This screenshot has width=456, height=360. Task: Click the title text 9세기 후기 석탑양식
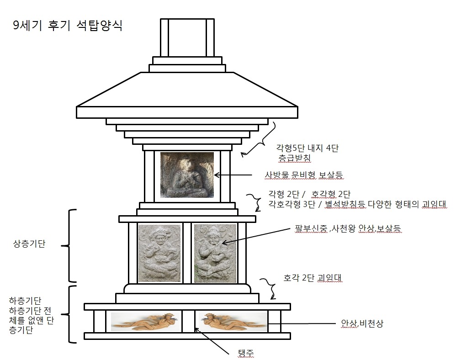(x=68, y=26)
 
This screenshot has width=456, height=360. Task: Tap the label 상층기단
(x=29, y=244)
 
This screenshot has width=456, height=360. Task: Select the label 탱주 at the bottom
(x=246, y=353)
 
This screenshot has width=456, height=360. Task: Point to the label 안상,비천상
(x=362, y=323)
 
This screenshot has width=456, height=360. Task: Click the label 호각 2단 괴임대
(x=313, y=278)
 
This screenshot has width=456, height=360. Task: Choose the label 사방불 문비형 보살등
(x=304, y=175)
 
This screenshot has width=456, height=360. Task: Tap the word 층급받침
(x=295, y=158)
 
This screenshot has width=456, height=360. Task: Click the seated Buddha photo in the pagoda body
(x=187, y=175)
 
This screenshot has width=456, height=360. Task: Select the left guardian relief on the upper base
(x=159, y=253)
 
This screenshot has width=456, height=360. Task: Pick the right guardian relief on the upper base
(x=215, y=253)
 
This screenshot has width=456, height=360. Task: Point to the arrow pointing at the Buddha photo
(x=233, y=175)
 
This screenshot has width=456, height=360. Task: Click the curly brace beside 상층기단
(x=69, y=246)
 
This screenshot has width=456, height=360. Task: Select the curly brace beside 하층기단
(x=69, y=314)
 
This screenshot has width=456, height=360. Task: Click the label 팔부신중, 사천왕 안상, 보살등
(x=348, y=228)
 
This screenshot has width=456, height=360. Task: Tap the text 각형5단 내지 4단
(x=308, y=148)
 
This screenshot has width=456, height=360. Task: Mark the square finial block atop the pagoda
(x=187, y=38)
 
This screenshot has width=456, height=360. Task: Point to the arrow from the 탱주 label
(x=212, y=341)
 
